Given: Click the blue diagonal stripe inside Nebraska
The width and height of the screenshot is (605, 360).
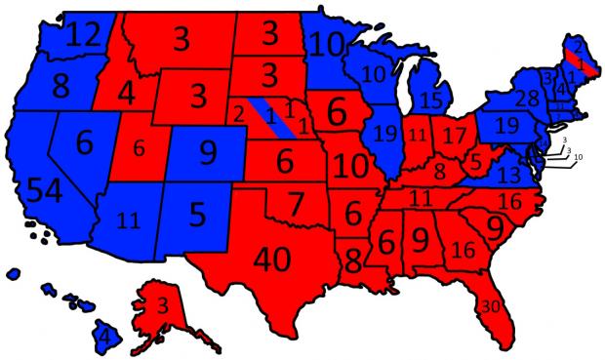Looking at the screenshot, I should [273, 118].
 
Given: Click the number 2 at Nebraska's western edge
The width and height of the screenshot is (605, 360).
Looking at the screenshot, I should [239, 114].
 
